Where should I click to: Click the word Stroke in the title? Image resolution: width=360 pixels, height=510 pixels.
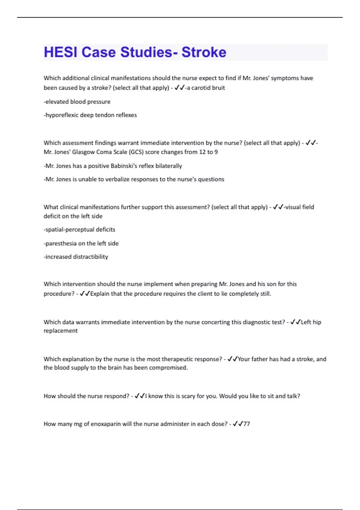point(204,52)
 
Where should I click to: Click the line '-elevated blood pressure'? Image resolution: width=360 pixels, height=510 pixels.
point(77,102)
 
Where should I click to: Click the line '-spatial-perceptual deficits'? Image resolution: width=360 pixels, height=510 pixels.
point(79,229)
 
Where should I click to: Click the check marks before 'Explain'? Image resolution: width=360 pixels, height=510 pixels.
point(85,294)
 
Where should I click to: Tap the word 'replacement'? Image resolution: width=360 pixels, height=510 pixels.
point(61,331)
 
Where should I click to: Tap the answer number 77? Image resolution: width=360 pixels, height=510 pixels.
point(247,424)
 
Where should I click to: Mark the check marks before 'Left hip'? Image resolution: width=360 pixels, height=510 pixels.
point(295,322)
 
